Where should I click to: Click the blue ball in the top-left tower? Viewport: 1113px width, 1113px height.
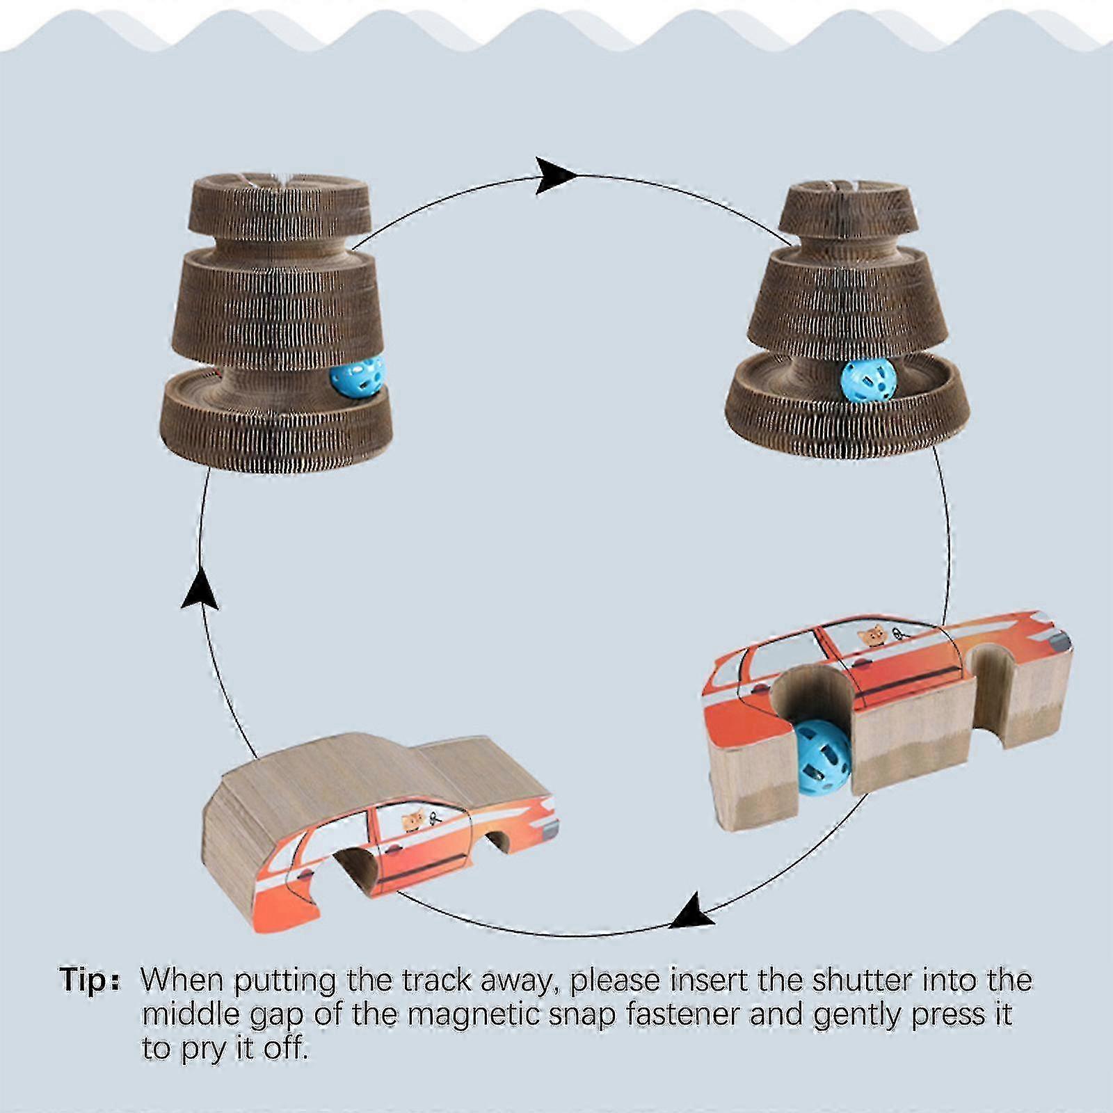(x=358, y=377)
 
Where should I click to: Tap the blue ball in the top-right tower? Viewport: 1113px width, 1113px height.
(x=867, y=379)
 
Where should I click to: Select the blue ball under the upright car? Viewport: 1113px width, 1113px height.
(x=823, y=757)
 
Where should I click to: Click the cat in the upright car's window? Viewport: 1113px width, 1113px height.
(x=872, y=635)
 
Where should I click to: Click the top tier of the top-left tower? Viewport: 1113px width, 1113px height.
(x=280, y=207)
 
